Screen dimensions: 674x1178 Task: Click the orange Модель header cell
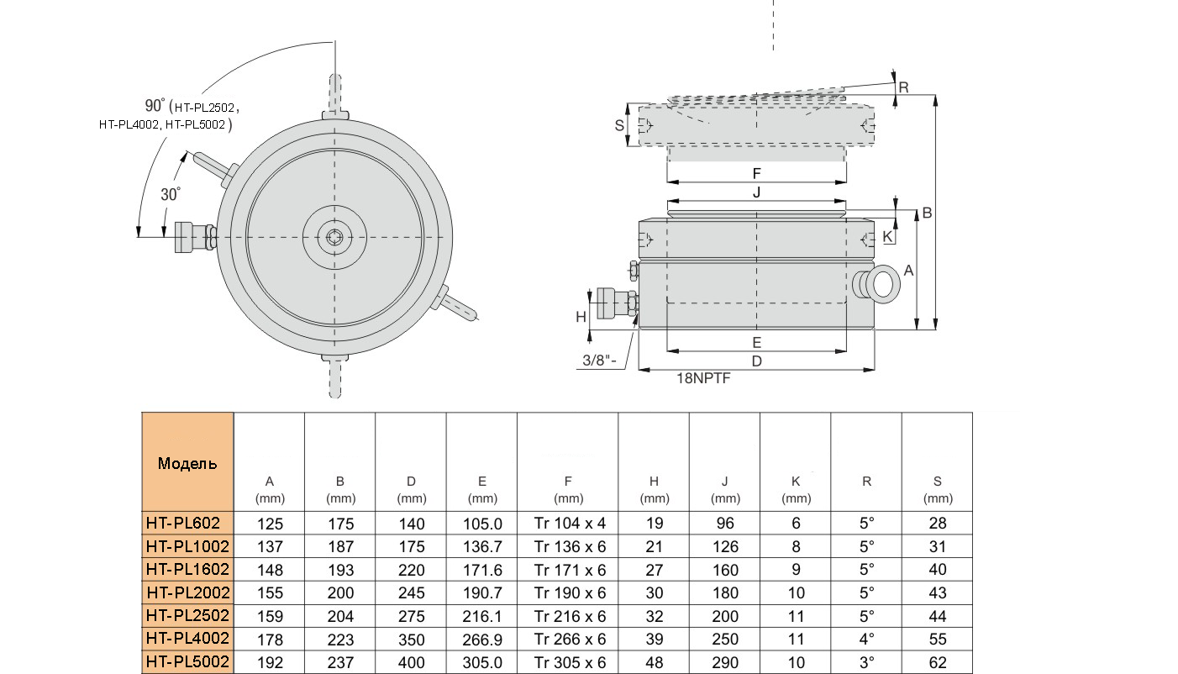[x=187, y=463]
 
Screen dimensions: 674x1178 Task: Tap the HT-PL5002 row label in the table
[x=187, y=662]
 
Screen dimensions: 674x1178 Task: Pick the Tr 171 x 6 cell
[x=570, y=569]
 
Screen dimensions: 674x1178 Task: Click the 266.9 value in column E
[x=482, y=640]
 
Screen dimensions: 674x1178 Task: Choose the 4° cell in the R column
[x=866, y=640]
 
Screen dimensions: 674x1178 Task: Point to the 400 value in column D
[x=411, y=662]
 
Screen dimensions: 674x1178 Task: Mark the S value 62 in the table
[x=938, y=662]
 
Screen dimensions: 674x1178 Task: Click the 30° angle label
[x=171, y=194]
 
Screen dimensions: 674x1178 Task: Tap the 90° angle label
[x=155, y=106]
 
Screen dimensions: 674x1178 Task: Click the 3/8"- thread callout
[x=599, y=361]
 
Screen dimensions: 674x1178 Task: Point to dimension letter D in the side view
[x=756, y=361]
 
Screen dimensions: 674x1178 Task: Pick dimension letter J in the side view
[x=756, y=192]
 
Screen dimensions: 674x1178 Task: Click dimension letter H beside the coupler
[x=580, y=317]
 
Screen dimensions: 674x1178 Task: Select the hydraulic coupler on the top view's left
[x=193, y=237]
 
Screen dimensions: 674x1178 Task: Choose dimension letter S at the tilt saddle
[x=620, y=124]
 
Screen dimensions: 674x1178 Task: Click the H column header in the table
[x=654, y=489]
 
